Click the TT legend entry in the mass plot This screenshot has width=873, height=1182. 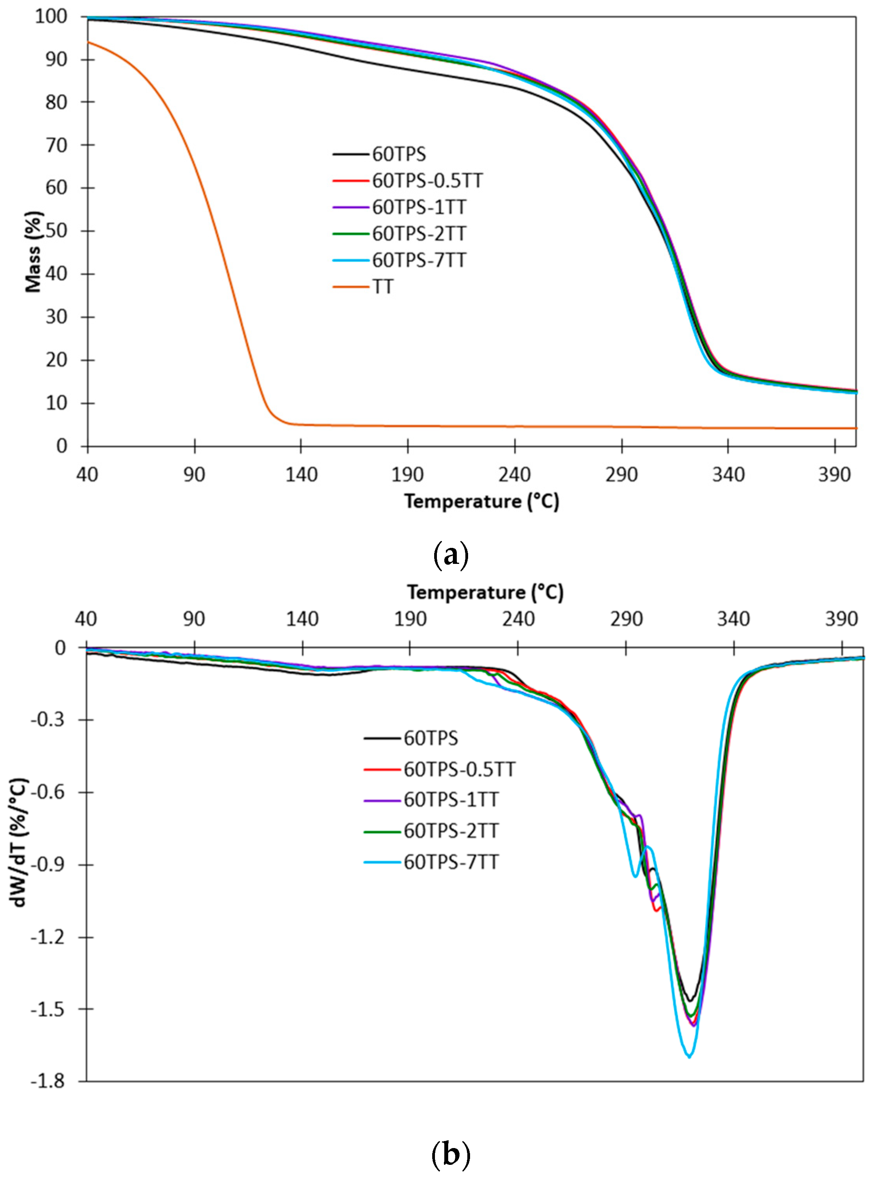click(x=383, y=287)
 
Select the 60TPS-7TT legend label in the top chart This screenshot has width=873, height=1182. click(x=419, y=260)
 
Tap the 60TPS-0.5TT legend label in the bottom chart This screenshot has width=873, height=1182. click(x=459, y=769)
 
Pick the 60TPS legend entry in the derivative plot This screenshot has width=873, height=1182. click(x=431, y=738)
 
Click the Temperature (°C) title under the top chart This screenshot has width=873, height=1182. click(x=481, y=501)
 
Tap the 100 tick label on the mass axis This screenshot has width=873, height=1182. click(x=51, y=16)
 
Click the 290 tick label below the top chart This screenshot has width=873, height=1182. click(x=621, y=475)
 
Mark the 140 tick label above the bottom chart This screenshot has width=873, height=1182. click(x=302, y=619)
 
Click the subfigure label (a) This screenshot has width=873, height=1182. click(x=450, y=556)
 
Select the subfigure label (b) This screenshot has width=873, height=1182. click(x=450, y=1155)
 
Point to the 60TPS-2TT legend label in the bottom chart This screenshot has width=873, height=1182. click(x=451, y=831)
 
